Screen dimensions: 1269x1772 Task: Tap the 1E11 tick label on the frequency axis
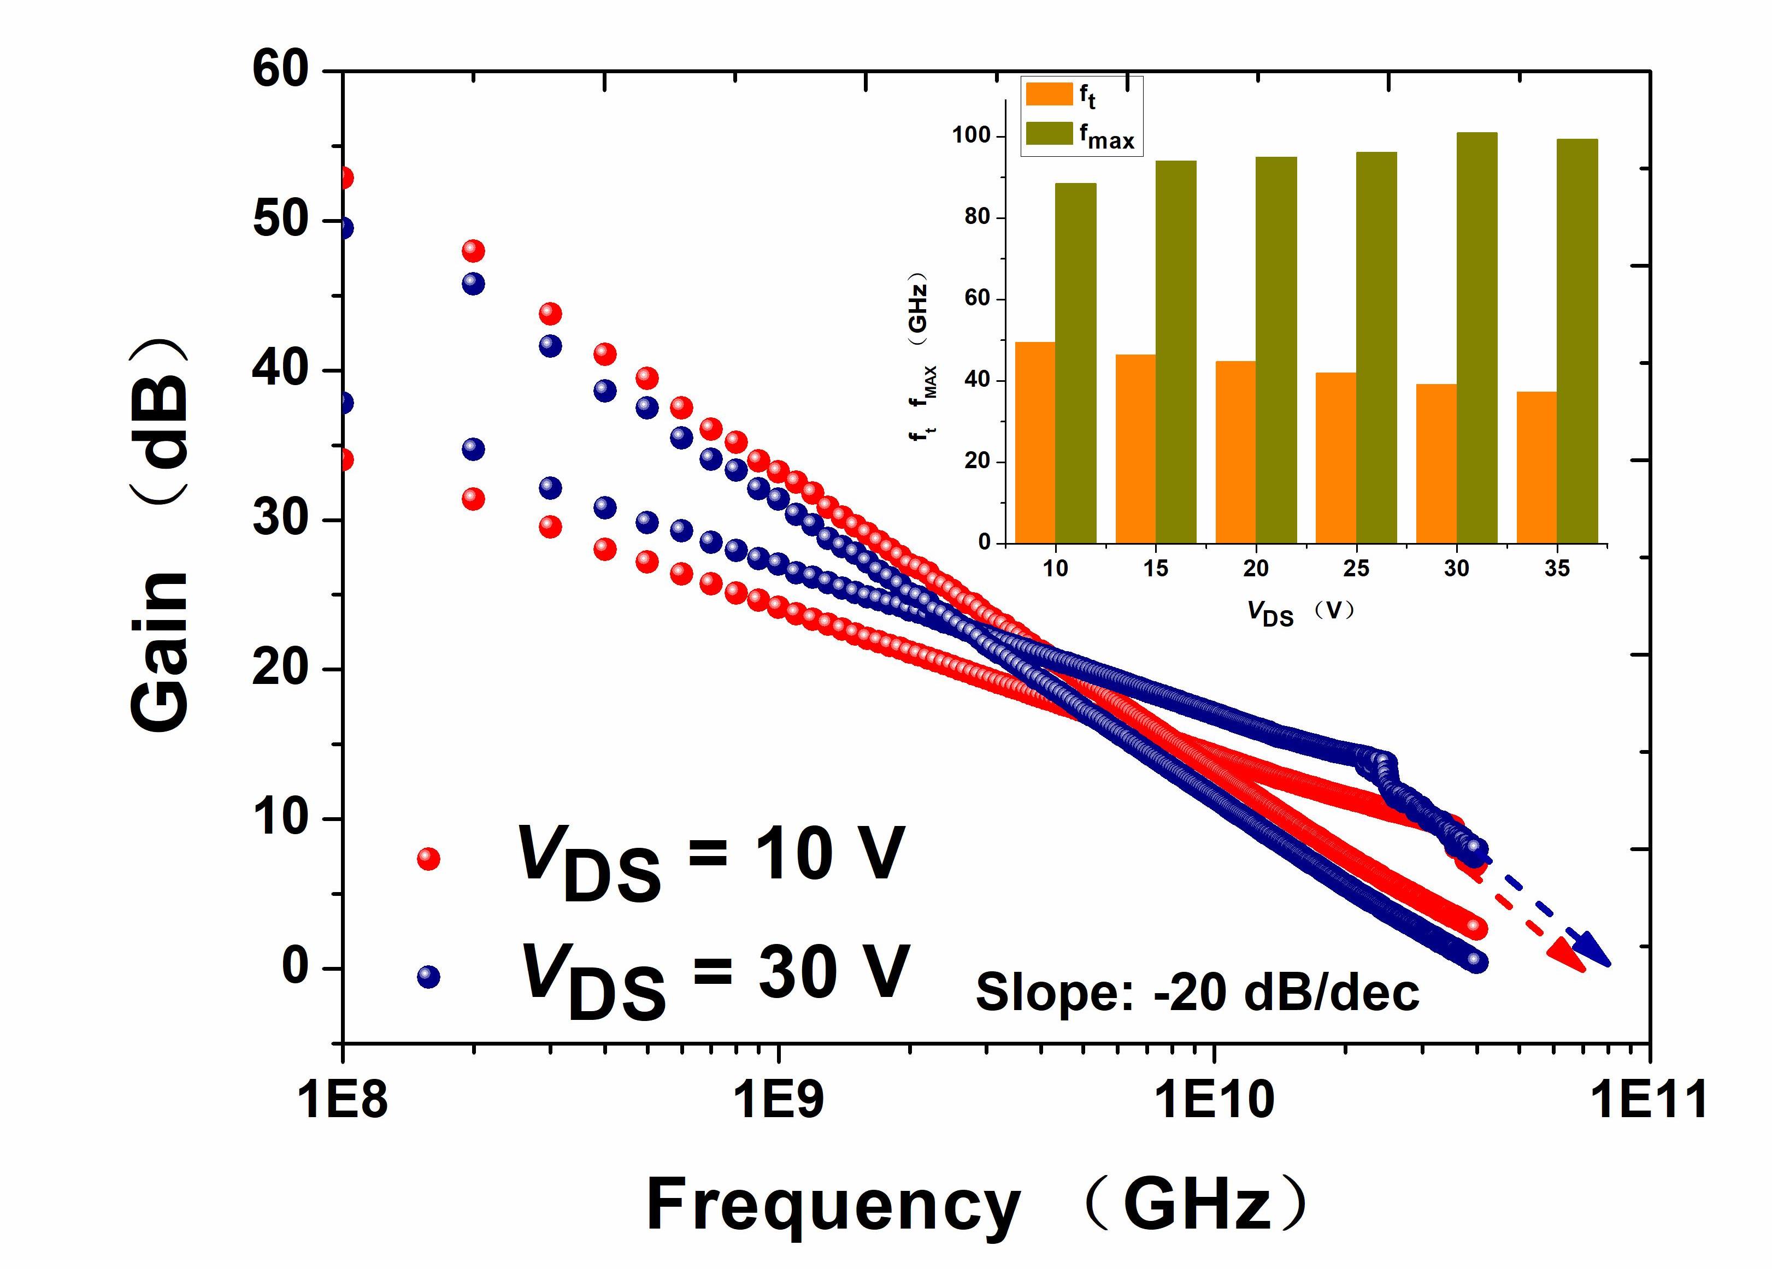point(1649,1100)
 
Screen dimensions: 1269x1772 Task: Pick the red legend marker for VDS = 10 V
point(428,859)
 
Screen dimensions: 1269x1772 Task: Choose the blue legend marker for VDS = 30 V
point(428,976)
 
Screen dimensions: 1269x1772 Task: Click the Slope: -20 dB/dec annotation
point(1197,993)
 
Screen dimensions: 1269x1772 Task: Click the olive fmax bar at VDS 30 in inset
point(1476,338)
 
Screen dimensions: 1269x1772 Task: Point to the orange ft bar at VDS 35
point(1536,467)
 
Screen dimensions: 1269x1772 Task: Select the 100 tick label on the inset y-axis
point(971,136)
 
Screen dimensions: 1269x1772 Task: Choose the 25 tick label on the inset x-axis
point(1356,569)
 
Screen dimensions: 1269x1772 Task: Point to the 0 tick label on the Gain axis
point(295,967)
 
